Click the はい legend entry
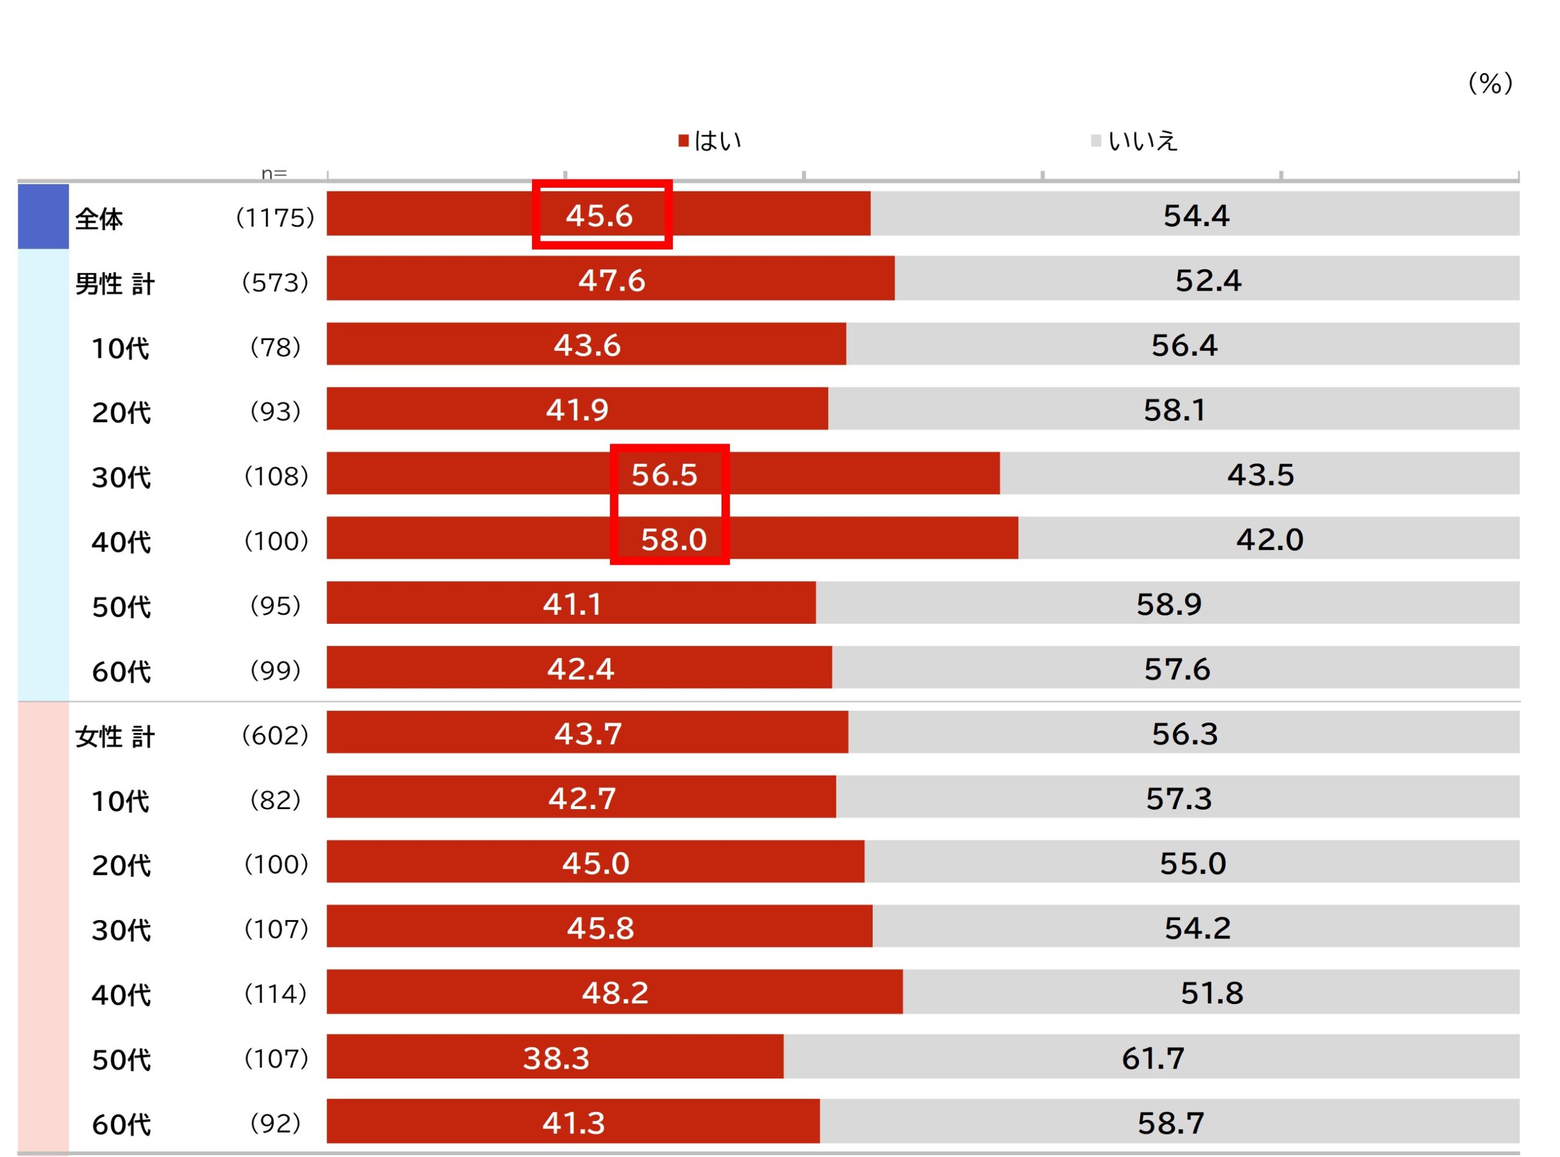pyautogui.click(x=709, y=141)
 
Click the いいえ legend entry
pyautogui.click(x=1134, y=141)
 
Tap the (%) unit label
pyautogui.click(x=1490, y=83)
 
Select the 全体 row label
pyautogui.click(x=99, y=219)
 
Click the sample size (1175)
pyautogui.click(x=275, y=218)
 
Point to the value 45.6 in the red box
pyautogui.click(x=600, y=216)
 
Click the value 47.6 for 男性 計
pyautogui.click(x=612, y=280)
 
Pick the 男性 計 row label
pyautogui.click(x=114, y=284)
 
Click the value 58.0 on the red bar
pyautogui.click(x=674, y=539)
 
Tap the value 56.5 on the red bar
pyautogui.click(x=665, y=475)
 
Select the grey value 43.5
pyautogui.click(x=1260, y=475)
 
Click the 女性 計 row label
pyautogui.click(x=114, y=736)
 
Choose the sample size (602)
pyautogui.click(x=275, y=735)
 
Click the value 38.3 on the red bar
pyautogui.click(x=556, y=1058)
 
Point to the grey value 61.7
pyautogui.click(x=1153, y=1058)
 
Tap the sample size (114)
pyautogui.click(x=275, y=993)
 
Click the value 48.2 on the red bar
pyautogui.click(x=615, y=992)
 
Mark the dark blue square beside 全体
pyautogui.click(x=43, y=216)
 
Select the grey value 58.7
pyautogui.click(x=1171, y=1123)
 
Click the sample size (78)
pyautogui.click(x=275, y=347)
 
